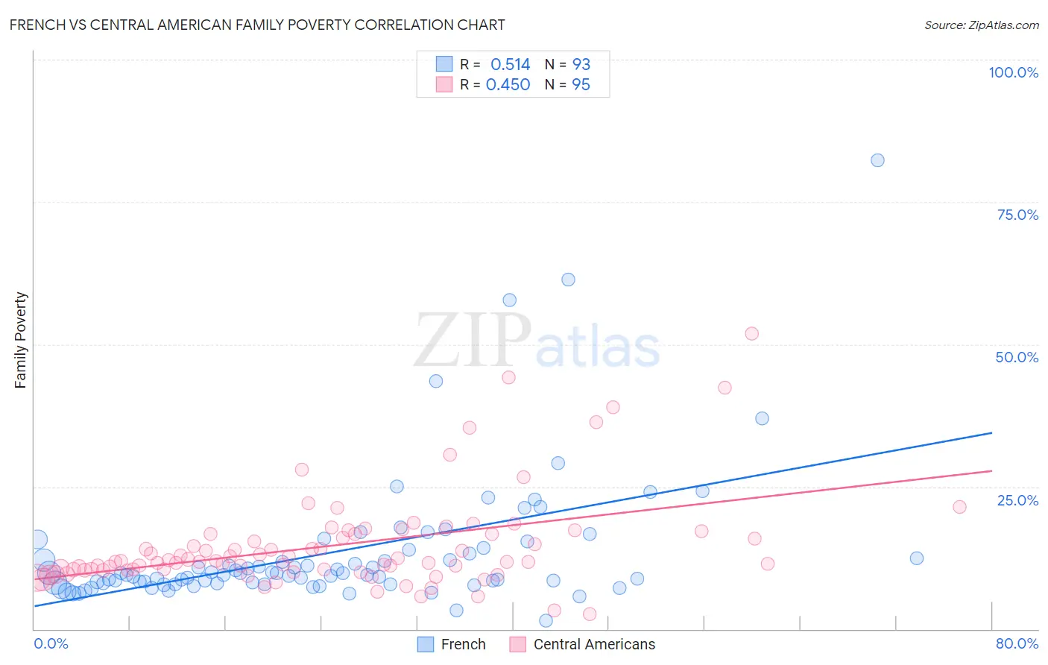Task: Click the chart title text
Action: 257,25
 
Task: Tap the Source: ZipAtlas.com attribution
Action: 981,25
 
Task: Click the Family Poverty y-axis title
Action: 21,340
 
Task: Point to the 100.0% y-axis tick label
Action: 1013,72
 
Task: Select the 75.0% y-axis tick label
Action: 1017,215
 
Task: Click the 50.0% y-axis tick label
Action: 1017,357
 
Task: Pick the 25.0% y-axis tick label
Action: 1017,499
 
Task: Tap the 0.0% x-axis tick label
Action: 51,643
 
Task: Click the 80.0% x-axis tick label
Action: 1017,643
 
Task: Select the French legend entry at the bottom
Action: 452,644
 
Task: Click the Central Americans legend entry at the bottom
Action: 583,644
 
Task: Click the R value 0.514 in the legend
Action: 510,65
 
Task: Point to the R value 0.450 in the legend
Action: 508,85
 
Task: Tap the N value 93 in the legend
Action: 581,65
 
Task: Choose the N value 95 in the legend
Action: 581,85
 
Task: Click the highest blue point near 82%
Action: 877,160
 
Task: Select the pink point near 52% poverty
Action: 751,333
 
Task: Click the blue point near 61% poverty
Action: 568,280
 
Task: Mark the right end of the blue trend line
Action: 991,432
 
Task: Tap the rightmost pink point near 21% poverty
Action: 959,507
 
